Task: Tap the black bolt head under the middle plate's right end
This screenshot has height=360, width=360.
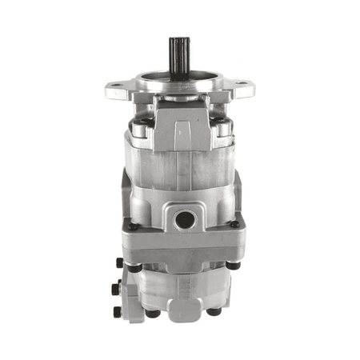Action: click(x=232, y=266)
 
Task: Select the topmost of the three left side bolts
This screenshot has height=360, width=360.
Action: click(x=119, y=262)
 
